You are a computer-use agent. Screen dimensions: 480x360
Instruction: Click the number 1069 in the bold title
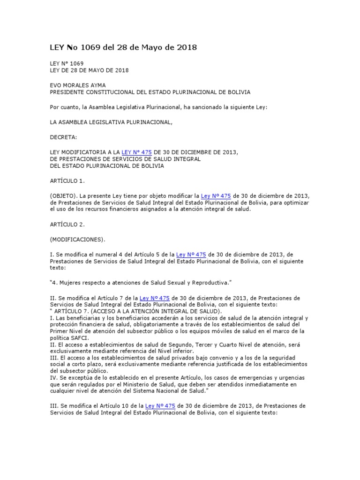90,47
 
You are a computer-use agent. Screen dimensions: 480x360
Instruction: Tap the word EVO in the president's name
56,85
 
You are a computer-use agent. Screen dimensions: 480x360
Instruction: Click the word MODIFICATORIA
79,152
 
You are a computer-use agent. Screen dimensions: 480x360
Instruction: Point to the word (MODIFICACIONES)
77,239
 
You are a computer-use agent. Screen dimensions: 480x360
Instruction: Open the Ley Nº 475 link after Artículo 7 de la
155,298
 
